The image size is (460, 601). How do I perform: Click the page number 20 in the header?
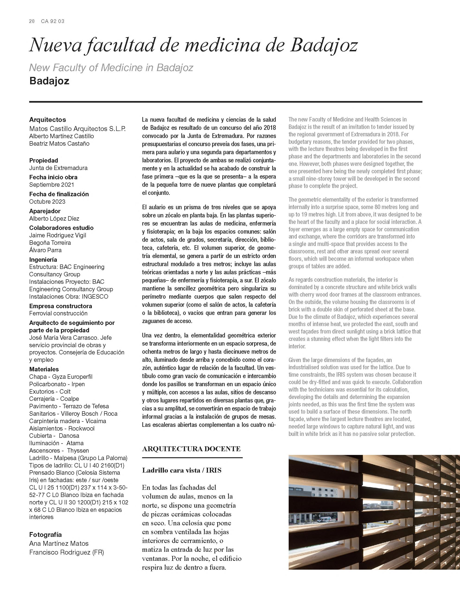(32, 21)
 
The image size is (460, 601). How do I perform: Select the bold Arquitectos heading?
(48, 120)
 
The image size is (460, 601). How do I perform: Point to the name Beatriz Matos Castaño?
(59, 144)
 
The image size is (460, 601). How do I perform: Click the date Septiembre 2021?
(51, 185)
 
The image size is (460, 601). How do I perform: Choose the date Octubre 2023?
(47, 202)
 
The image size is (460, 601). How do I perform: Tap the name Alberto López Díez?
(54, 219)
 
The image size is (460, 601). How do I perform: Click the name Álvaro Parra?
(45, 250)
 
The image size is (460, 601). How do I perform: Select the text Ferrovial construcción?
(58, 313)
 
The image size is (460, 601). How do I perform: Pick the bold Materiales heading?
(44, 369)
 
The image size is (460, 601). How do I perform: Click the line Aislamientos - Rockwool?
(62, 428)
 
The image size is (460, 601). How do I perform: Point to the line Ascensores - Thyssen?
(59, 451)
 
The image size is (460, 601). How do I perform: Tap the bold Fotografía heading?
(45, 535)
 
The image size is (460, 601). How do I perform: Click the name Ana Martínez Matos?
(59, 544)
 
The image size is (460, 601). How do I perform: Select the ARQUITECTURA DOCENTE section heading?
(191, 449)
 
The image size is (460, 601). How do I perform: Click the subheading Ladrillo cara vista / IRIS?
(182, 470)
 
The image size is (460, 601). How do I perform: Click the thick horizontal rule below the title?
(226, 102)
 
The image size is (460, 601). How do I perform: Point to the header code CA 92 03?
(53, 21)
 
